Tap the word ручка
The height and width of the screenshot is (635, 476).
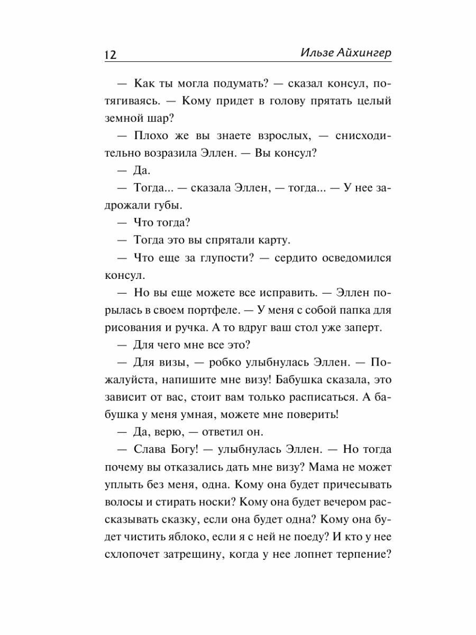[x=200, y=327]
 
